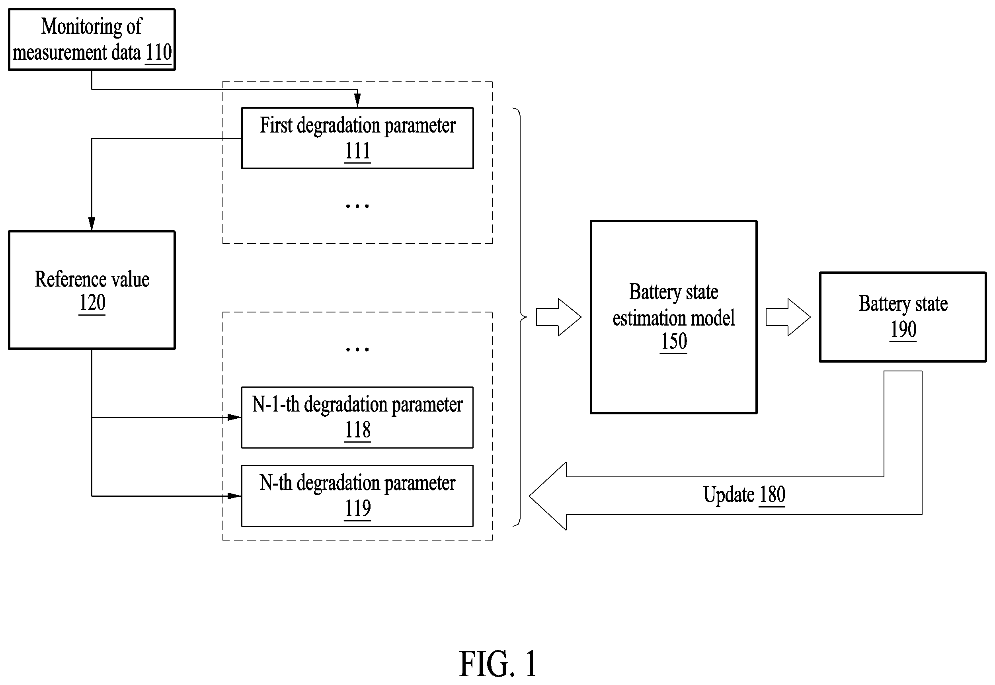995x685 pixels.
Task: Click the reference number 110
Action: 159,53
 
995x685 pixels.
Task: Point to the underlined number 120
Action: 92,302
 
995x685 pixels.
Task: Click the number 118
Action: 357,430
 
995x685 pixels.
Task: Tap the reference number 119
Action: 357,509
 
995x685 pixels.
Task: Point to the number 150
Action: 674,342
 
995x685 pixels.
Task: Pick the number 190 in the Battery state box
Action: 903,330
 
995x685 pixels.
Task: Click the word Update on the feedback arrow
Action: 729,495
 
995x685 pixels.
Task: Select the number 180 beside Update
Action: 772,495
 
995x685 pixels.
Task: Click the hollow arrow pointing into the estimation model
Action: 559,317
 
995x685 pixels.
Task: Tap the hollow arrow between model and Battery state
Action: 788,317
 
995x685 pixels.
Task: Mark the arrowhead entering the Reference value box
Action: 92,224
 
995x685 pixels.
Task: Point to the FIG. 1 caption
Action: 498,664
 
